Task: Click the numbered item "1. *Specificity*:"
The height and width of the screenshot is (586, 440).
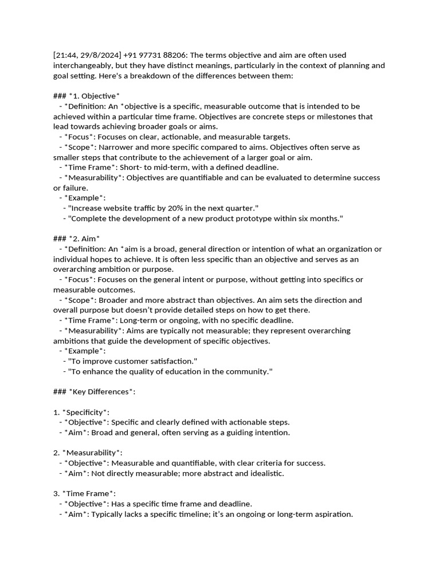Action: (x=81, y=412)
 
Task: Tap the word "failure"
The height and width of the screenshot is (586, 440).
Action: (x=77, y=188)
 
